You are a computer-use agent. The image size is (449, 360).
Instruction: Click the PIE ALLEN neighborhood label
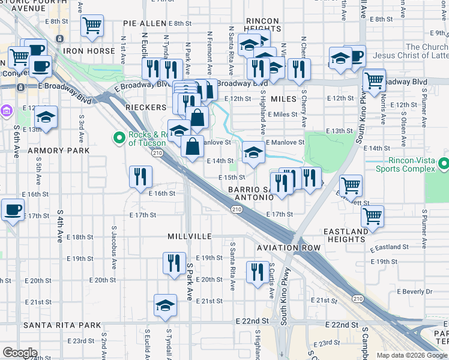click(x=144, y=23)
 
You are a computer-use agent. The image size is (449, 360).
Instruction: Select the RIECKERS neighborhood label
click(x=146, y=107)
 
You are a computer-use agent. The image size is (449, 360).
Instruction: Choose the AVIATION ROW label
click(x=288, y=248)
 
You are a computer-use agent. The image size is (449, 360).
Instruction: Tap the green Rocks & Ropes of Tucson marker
click(x=119, y=139)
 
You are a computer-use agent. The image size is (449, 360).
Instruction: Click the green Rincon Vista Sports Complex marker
click(x=443, y=163)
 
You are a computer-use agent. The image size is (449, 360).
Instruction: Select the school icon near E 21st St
click(x=165, y=304)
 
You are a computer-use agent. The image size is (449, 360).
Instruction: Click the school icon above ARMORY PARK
click(x=46, y=117)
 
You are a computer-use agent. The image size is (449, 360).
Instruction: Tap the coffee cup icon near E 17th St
click(x=12, y=210)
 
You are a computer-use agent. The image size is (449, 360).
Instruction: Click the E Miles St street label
click(x=283, y=114)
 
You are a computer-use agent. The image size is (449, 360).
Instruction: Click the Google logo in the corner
click(x=20, y=353)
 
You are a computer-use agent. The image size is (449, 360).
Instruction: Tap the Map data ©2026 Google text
click(x=411, y=355)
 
